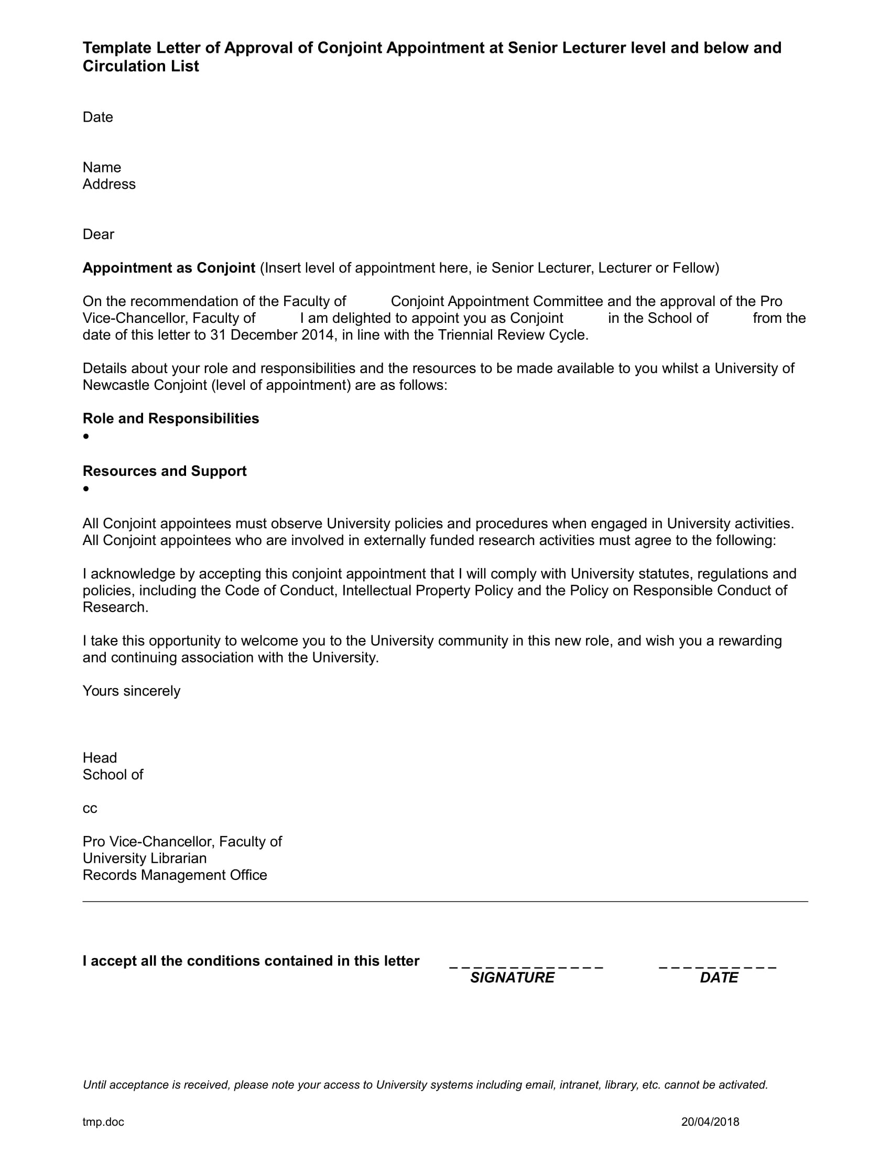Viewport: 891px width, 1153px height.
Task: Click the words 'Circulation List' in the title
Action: point(140,67)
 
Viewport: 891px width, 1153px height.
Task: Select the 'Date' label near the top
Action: point(97,117)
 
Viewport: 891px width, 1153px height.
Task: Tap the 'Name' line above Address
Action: point(101,167)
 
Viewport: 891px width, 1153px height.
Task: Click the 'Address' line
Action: point(108,184)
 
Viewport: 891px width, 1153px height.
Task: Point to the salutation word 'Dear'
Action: point(98,234)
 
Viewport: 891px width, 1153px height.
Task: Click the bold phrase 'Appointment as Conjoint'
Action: point(169,268)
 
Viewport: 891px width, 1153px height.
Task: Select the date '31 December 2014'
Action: point(271,335)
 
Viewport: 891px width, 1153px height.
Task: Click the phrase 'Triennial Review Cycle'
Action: point(512,335)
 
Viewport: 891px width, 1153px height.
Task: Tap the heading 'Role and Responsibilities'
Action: point(170,419)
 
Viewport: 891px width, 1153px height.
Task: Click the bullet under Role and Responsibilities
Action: point(86,436)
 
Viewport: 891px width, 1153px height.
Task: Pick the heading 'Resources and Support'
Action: point(164,471)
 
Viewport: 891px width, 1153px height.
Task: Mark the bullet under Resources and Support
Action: point(86,489)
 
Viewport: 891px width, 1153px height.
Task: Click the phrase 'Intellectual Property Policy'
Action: point(427,590)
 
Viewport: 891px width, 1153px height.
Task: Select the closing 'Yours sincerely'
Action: point(132,691)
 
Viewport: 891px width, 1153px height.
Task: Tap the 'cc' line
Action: point(90,809)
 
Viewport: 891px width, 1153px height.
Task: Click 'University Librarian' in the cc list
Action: point(145,858)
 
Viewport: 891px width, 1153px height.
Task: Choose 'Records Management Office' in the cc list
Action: point(175,875)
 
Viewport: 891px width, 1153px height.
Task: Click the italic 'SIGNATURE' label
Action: point(512,978)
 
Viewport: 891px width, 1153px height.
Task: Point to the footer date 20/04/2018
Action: point(710,1122)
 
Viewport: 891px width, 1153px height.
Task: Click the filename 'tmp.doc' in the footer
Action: point(103,1122)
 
